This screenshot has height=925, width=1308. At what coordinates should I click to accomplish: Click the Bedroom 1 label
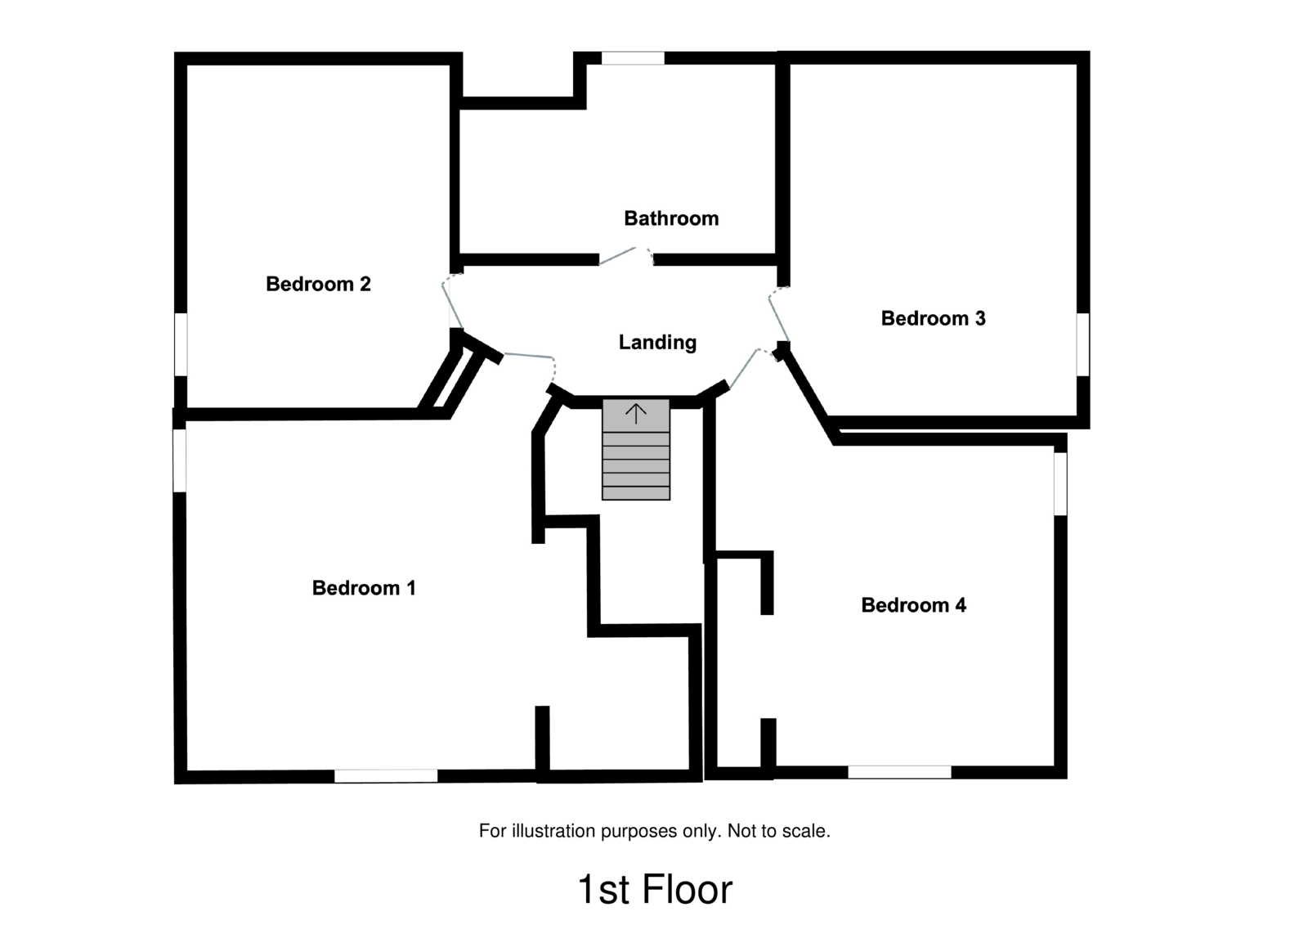[364, 588]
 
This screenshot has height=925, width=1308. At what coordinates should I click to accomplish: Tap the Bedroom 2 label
[318, 284]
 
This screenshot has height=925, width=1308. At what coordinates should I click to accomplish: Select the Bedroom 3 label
[933, 318]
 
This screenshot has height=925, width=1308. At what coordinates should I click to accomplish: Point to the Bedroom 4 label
[913, 605]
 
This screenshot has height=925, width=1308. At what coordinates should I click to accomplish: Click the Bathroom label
[671, 218]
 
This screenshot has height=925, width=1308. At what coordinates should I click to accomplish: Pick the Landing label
[657, 342]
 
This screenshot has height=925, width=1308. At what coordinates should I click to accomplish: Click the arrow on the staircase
[636, 413]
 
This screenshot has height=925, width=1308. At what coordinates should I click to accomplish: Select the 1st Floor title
[655, 890]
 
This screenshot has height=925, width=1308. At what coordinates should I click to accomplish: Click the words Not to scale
[778, 831]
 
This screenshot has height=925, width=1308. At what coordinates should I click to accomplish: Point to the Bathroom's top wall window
[633, 58]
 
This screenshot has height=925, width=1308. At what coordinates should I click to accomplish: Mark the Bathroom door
[626, 255]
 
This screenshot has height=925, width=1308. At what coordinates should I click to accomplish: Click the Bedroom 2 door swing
[450, 303]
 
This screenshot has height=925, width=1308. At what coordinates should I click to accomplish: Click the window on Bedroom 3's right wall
[1082, 344]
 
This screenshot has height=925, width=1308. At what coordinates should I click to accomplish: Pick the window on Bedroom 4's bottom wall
[899, 771]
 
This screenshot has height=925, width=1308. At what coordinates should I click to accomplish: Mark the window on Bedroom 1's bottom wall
[386, 775]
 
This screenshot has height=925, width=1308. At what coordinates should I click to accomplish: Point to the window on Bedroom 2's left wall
[181, 344]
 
